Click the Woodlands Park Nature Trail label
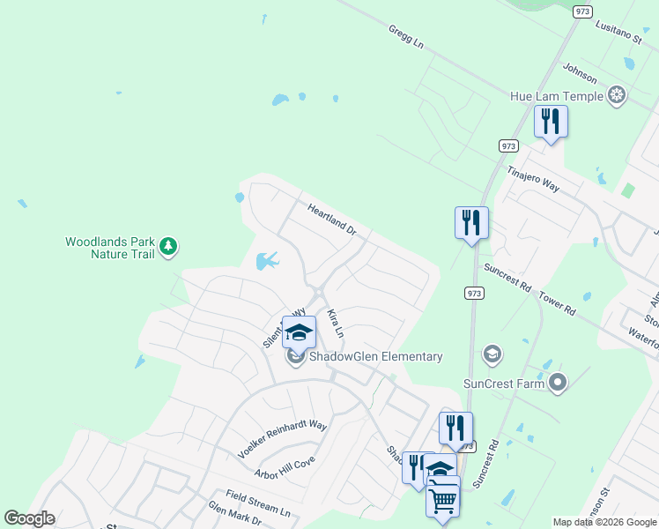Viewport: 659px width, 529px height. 110,248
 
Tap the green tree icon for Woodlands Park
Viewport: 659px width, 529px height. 167,248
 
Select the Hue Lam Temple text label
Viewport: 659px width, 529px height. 557,96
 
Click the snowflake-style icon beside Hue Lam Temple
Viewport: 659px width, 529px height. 618,95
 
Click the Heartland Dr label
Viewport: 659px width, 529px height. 331,220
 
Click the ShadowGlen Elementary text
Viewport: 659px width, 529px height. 375,357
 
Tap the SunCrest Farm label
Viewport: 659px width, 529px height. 502,384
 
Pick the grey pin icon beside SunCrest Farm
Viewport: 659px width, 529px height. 557,383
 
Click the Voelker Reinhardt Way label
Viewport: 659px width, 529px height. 282,438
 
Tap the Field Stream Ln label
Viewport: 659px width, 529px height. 257,503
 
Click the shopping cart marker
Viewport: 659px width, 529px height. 442,500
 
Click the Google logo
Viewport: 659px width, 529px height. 29,518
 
